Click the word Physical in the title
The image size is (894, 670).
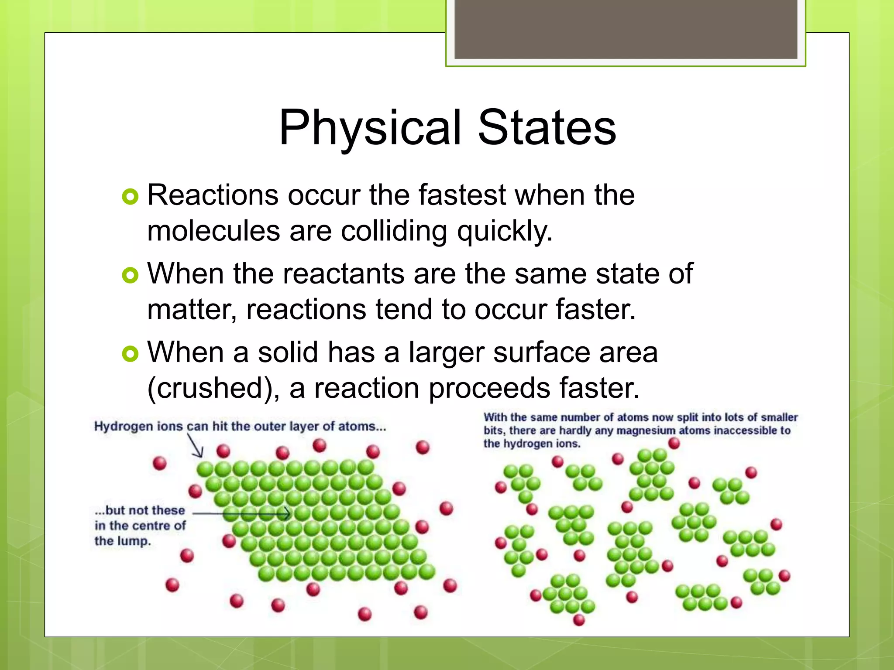[x=370, y=128]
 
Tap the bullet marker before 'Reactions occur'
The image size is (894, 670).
[x=130, y=197]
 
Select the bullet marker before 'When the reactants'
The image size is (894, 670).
[x=130, y=275]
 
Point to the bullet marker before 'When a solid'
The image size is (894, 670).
[x=130, y=354]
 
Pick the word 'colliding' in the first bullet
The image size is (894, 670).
[x=394, y=231]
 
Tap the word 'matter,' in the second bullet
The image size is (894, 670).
[x=192, y=310]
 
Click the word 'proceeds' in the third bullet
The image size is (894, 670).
[x=489, y=388]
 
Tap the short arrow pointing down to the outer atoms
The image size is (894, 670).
[x=196, y=446]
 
